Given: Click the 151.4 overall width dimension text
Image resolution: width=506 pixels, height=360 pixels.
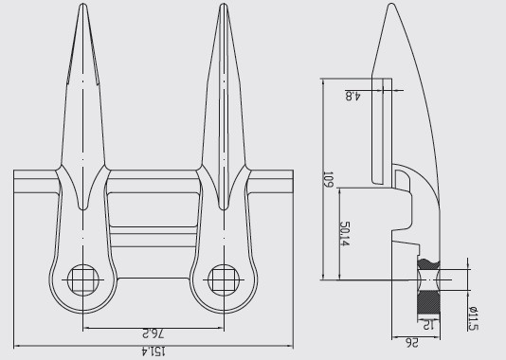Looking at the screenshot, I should pos(153,350).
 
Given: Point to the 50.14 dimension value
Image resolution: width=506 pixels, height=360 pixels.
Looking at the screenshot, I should pos(346,234).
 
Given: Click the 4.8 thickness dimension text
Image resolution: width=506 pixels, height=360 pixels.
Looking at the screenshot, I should pos(350,94).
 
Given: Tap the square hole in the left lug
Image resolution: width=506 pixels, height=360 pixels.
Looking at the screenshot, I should pos(82,279).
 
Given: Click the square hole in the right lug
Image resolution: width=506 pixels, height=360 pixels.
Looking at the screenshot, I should pos(223,279).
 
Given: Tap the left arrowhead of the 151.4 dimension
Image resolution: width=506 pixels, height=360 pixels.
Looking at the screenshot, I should pos(15,343).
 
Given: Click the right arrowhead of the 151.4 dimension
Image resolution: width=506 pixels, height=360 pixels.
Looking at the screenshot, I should pos(291,343).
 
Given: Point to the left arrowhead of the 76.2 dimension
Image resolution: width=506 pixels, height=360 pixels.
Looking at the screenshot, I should pos(85,328).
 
